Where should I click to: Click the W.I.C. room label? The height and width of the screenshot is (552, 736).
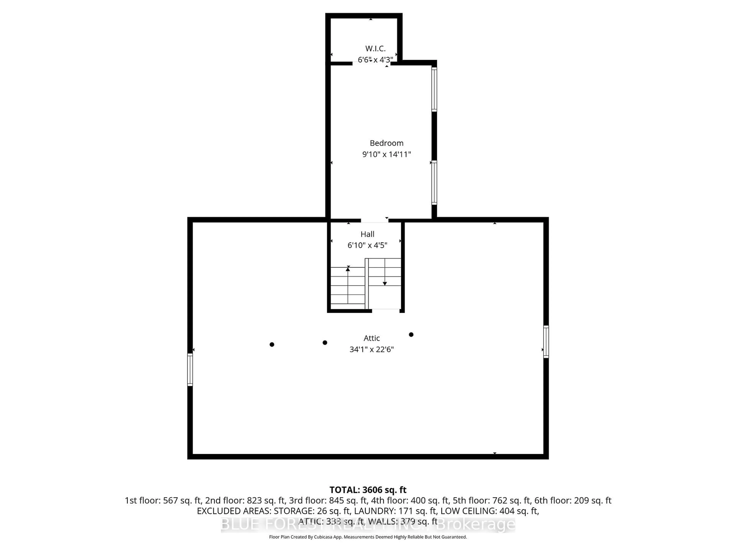pyautogui.click(x=375, y=48)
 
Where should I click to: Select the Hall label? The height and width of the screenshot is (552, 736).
pyautogui.click(x=367, y=234)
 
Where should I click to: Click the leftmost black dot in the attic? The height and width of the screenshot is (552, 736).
pyautogui.click(x=272, y=344)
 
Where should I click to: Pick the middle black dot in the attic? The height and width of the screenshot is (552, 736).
pyautogui.click(x=325, y=342)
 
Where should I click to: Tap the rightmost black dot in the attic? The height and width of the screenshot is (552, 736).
pyautogui.click(x=411, y=334)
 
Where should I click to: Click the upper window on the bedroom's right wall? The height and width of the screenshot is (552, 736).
pyautogui.click(x=434, y=89)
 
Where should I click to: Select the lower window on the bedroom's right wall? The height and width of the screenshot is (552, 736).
pyautogui.click(x=434, y=182)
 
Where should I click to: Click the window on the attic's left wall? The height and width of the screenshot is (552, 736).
pyautogui.click(x=190, y=370)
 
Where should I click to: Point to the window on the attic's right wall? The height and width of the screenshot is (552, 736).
pyautogui.click(x=546, y=342)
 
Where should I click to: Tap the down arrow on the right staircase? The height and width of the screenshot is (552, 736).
pyautogui.click(x=385, y=283)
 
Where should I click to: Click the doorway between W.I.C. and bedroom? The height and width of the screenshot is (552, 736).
pyautogui.click(x=371, y=63)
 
